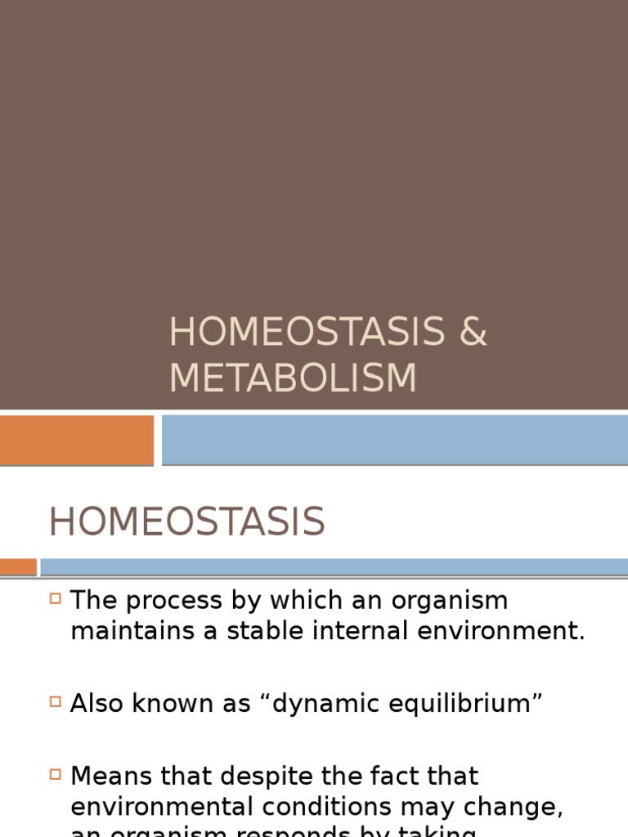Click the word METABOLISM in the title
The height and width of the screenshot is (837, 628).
[x=293, y=378]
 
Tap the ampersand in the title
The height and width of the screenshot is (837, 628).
[x=472, y=332]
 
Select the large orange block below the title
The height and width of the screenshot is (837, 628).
[x=76, y=439]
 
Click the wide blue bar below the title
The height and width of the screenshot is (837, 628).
[x=394, y=439]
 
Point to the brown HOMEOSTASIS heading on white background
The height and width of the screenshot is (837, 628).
[x=186, y=522]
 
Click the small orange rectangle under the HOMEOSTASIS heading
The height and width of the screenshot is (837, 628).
[x=18, y=566]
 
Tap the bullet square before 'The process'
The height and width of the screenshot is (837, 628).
[x=56, y=599]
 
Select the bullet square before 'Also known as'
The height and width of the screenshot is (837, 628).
[x=56, y=700]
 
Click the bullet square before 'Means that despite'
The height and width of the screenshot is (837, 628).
[x=56, y=772]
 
